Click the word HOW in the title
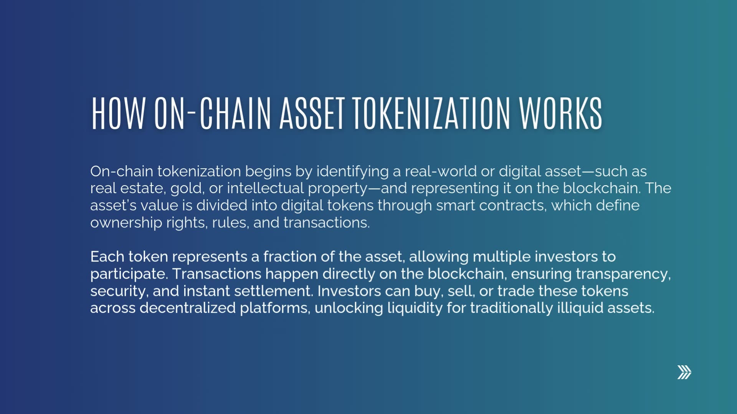pos(118,113)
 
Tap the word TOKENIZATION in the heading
pos(431,113)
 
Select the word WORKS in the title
pos(560,113)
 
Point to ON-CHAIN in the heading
pos(212,113)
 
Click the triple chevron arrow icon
pos(684,372)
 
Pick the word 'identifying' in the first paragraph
pos(352,171)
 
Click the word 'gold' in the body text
pos(186,189)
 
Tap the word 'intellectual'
pos(265,189)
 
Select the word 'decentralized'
pos(187,308)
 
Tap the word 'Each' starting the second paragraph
pos(107,257)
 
